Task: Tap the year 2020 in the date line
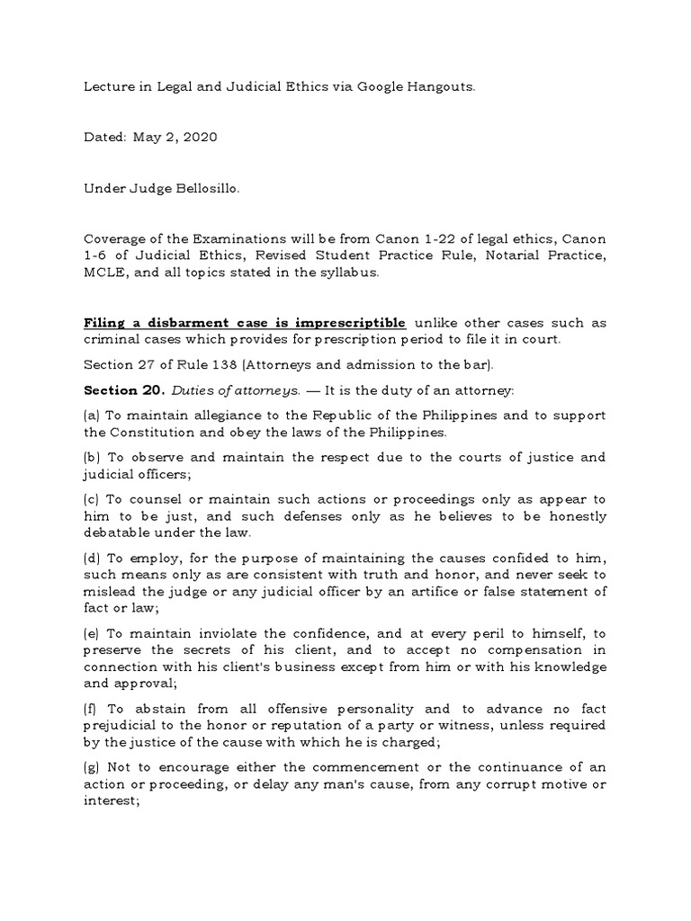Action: tap(199, 138)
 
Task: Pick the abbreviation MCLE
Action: tap(104, 273)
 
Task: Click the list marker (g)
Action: tap(92, 766)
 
